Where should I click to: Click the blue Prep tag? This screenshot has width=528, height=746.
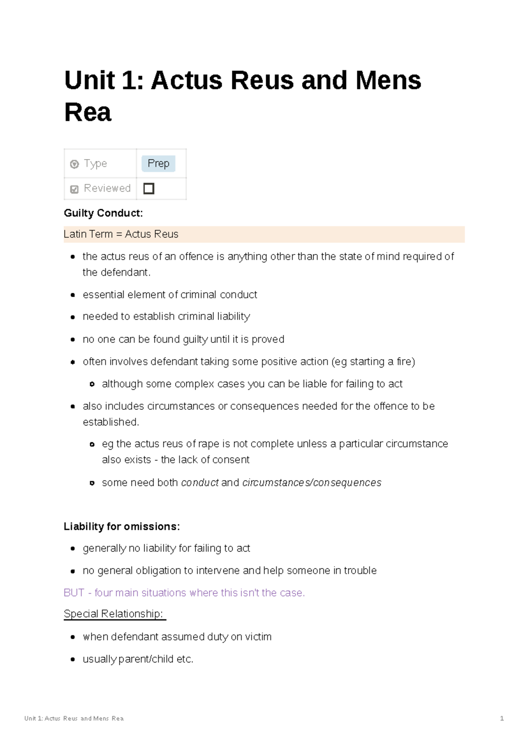(158, 164)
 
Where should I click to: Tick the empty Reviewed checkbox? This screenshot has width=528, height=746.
(149, 189)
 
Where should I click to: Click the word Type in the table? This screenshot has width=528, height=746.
(95, 164)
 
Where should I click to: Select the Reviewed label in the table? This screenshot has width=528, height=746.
(107, 189)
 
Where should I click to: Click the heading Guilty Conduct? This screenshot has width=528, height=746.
(103, 213)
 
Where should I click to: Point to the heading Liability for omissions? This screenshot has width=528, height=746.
(122, 527)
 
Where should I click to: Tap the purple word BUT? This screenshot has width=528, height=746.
(74, 593)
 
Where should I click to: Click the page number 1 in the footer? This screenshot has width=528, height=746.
(502, 718)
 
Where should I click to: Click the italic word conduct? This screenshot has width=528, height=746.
(200, 483)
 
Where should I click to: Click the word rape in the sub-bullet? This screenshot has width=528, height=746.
(209, 444)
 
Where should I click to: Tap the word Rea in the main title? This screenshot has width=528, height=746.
(88, 113)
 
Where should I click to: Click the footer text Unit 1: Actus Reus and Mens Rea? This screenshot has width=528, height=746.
(74, 718)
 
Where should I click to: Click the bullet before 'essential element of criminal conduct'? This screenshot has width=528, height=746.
(73, 295)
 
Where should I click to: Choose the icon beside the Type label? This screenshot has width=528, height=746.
(74, 164)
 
